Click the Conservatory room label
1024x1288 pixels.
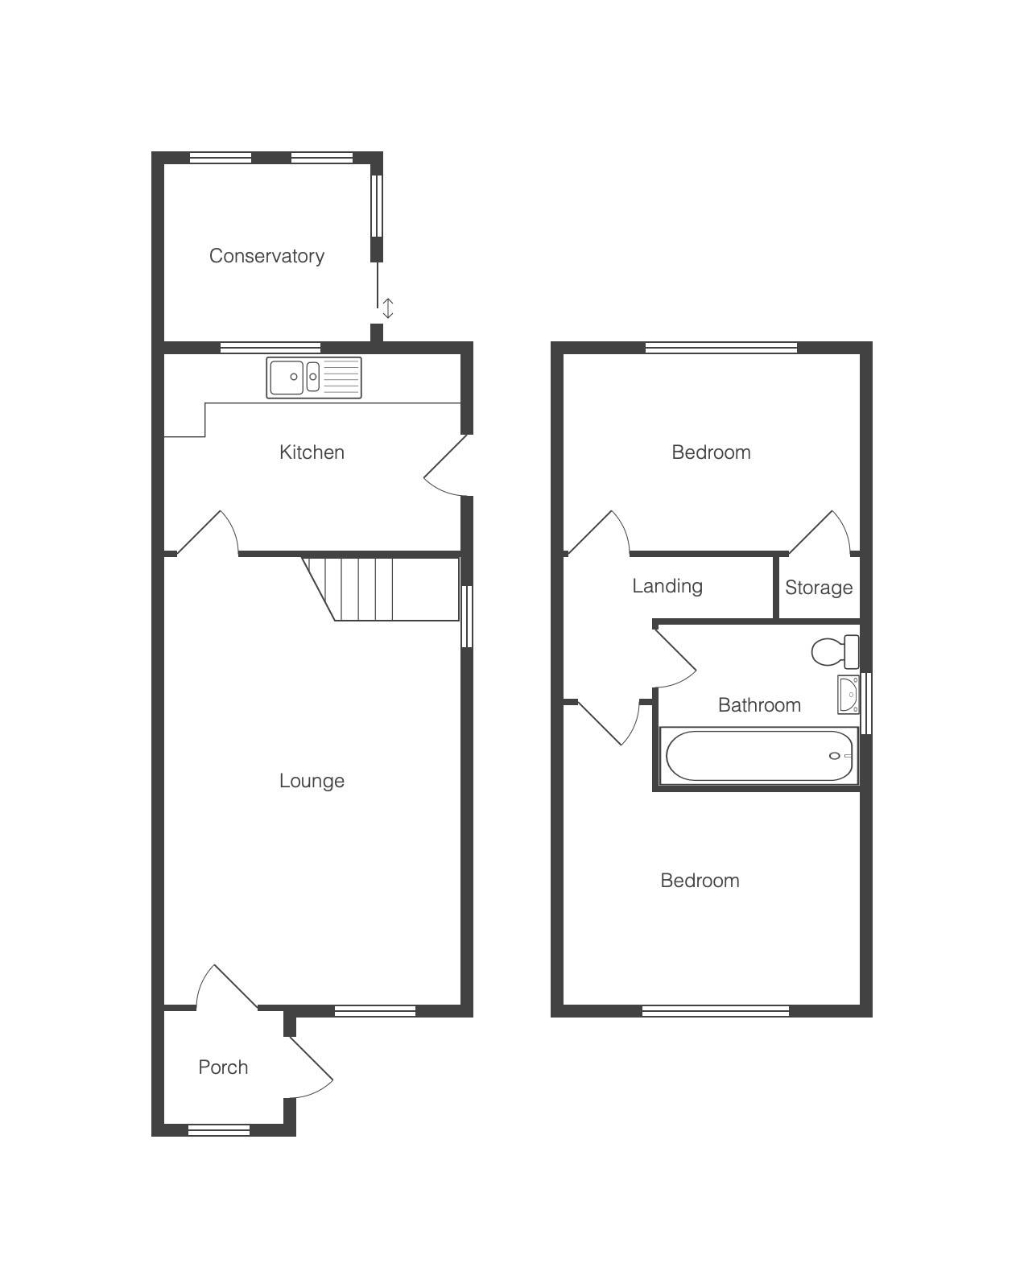point(266,256)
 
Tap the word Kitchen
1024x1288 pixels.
point(312,452)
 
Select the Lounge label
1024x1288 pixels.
point(312,781)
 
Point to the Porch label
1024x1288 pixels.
point(223,1067)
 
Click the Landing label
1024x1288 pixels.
point(667,586)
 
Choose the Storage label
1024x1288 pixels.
point(819,588)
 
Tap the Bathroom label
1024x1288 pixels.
point(759,705)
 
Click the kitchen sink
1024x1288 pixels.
point(314,378)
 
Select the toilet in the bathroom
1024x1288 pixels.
point(836,652)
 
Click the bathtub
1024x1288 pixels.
point(758,756)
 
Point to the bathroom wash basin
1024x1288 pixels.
point(848,695)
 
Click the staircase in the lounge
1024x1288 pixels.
point(380,589)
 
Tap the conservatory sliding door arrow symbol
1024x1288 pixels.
point(388,308)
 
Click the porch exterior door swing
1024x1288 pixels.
point(311,1067)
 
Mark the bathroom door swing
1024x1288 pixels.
point(676,657)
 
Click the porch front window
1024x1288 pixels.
point(219,1130)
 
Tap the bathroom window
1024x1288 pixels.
point(866,704)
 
